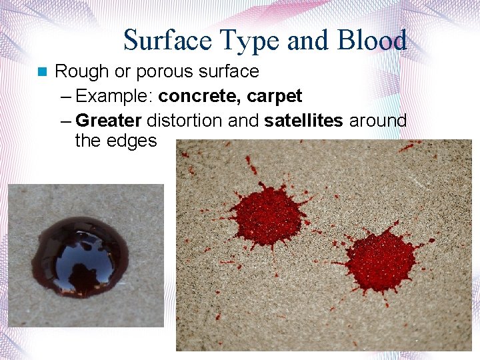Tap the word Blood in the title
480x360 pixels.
(373, 41)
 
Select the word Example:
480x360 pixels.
(117, 97)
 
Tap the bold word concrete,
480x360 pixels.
(201, 97)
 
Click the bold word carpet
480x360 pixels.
(274, 97)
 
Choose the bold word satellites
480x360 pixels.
(303, 121)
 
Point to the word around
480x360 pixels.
(377, 121)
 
